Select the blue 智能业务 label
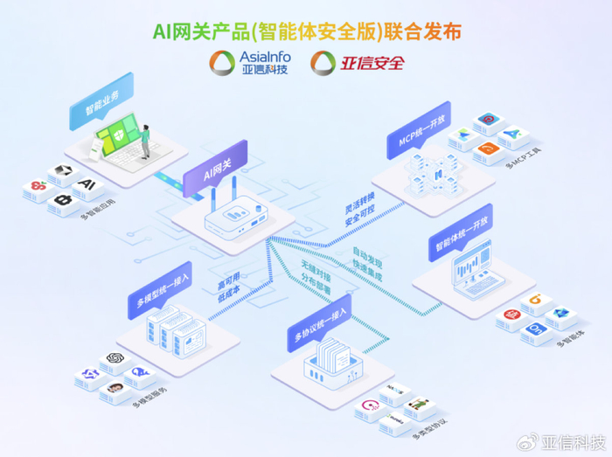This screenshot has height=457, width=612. [x=102, y=103]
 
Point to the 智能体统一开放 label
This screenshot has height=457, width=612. [x=460, y=238]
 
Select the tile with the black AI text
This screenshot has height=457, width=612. [x=86, y=184]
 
